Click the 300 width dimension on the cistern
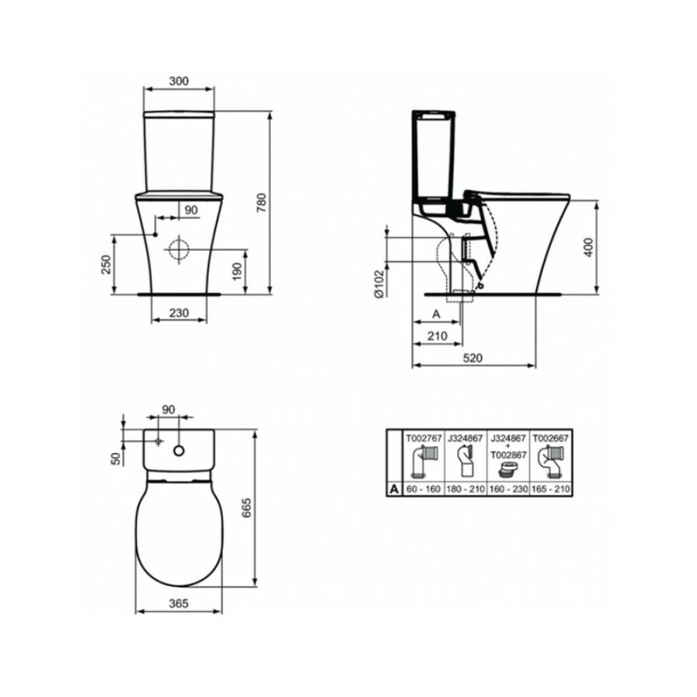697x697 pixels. pyautogui.click(x=179, y=81)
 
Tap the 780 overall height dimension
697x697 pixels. pyautogui.click(x=262, y=203)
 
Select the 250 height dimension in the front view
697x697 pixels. pyautogui.click(x=106, y=265)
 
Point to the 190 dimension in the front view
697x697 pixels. pyautogui.click(x=237, y=272)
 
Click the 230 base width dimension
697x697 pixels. pyautogui.click(x=179, y=313)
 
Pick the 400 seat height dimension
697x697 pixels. pyautogui.click(x=588, y=248)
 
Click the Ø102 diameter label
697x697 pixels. pyautogui.click(x=379, y=283)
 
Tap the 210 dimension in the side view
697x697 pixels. pyautogui.click(x=438, y=335)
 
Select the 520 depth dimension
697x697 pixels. pyautogui.click(x=472, y=358)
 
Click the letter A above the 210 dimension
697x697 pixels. pyautogui.click(x=436, y=314)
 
